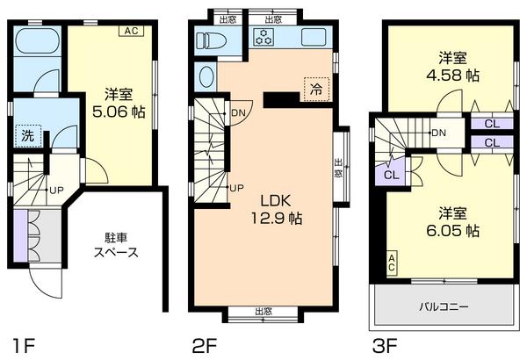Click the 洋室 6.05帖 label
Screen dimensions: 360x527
[453, 222]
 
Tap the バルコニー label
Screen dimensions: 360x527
[444, 308]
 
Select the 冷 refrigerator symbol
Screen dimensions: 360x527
[314, 87]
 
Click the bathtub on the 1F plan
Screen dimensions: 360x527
[38, 41]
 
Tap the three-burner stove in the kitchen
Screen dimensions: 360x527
[263, 37]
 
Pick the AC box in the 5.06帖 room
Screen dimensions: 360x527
[131, 32]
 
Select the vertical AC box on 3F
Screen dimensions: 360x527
[392, 261]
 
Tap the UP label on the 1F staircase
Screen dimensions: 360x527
[55, 190]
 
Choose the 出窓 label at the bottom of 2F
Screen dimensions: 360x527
[262, 311]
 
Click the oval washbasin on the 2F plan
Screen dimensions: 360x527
[207, 76]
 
